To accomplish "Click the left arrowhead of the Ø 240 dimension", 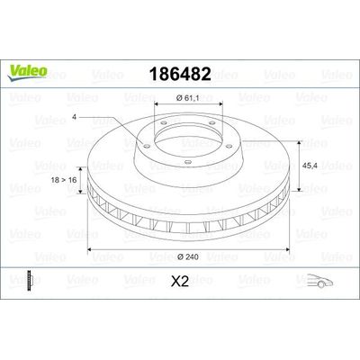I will [89, 248].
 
